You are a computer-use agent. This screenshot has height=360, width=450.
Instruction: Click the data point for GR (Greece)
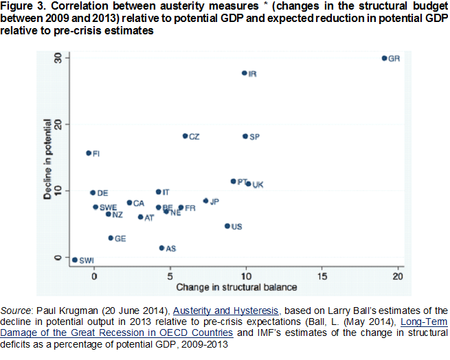[384, 58]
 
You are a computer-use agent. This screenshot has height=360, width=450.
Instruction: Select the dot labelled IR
[244, 73]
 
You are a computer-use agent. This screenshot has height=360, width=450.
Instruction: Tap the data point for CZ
[185, 136]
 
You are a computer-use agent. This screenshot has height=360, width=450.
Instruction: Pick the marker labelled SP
[245, 136]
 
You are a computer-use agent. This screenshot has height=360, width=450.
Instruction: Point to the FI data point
[89, 153]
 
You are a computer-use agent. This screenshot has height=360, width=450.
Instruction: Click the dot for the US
[227, 225]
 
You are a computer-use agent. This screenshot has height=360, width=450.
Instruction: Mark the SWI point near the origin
[75, 260]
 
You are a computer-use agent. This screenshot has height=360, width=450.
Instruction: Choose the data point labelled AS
[161, 247]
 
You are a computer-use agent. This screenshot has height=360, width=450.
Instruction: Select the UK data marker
[248, 183]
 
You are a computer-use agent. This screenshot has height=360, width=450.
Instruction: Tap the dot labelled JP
[205, 201]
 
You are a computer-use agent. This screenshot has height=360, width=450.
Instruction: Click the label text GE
[120, 238]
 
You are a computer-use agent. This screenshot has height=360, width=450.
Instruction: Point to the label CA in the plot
[139, 203]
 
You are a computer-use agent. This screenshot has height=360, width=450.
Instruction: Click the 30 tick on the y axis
[59, 58]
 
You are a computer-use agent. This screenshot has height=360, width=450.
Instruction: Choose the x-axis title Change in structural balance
[236, 286]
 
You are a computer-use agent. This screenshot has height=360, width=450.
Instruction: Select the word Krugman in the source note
[67, 311]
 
